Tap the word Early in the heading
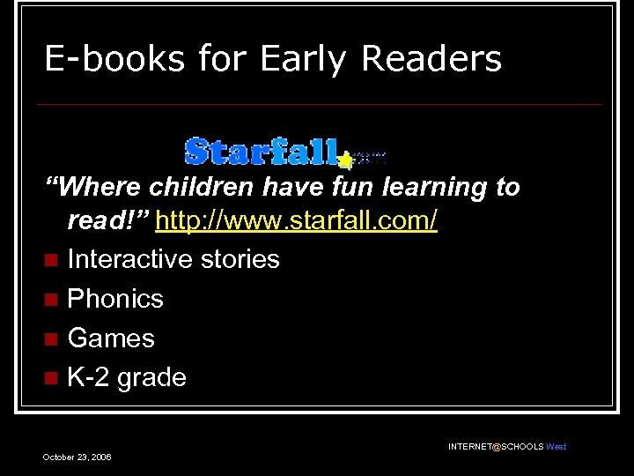pyautogui.click(x=303, y=60)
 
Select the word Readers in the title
pyautogui.click(x=431, y=60)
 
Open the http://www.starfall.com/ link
pyautogui.click(x=296, y=220)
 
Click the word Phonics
pyautogui.click(x=115, y=299)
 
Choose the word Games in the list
pyautogui.click(x=111, y=338)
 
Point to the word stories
pyautogui.click(x=240, y=259)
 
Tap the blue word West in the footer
pyautogui.click(x=556, y=447)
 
